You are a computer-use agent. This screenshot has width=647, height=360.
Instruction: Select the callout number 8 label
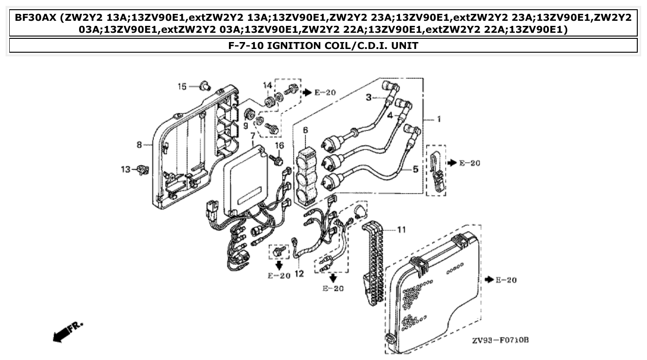click(139, 145)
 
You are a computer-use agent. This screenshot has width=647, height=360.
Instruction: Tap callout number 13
click(126, 170)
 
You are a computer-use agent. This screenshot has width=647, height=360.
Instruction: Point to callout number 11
click(401, 229)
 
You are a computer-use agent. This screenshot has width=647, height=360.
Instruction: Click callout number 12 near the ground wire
click(299, 274)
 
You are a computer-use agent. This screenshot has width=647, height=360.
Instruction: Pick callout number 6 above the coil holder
click(305, 131)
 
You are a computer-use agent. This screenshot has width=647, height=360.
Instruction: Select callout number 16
click(279, 146)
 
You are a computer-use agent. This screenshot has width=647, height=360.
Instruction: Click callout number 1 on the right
click(438, 119)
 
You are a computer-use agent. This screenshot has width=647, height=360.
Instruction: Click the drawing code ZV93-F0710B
click(500, 340)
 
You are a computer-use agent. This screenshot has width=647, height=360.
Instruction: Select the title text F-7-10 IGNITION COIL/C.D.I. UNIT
click(323, 46)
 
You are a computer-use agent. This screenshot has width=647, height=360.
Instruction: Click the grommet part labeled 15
click(204, 85)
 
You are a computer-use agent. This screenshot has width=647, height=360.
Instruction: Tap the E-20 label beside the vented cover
click(505, 280)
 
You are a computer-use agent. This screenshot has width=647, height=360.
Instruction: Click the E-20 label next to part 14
click(325, 92)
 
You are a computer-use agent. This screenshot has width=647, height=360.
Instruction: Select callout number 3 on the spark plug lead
click(368, 98)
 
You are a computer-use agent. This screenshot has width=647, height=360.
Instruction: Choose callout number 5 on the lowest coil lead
click(415, 170)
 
